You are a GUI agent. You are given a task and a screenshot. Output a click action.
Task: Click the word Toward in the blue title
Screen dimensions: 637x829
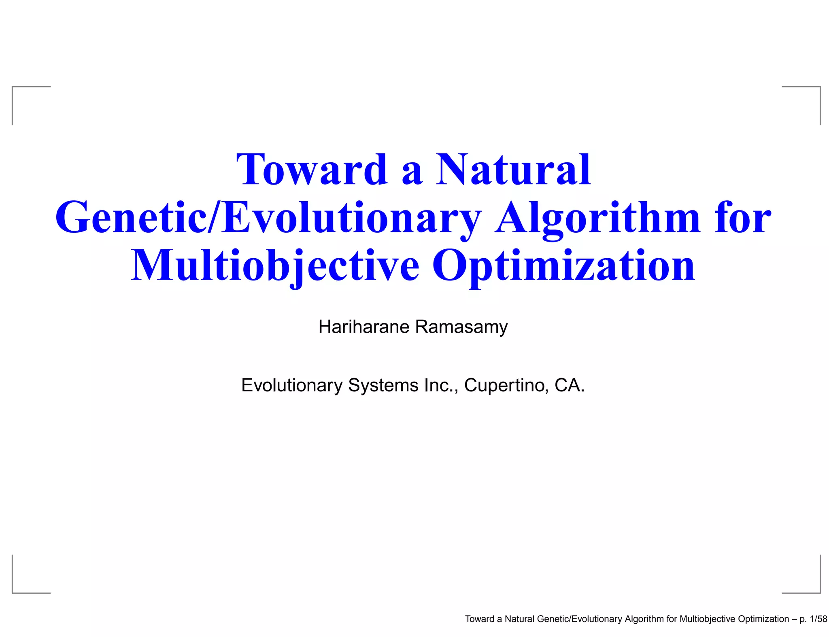coord(312,170)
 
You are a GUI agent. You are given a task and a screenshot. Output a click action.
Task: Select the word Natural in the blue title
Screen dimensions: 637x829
coord(513,170)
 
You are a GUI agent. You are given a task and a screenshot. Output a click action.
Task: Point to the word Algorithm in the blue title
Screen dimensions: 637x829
coord(597,219)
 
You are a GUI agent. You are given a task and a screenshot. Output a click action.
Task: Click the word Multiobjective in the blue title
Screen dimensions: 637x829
coord(275,266)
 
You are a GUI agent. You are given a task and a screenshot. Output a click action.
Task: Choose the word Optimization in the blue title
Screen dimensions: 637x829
coord(563,266)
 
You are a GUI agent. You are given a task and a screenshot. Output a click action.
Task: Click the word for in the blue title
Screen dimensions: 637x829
coord(743,219)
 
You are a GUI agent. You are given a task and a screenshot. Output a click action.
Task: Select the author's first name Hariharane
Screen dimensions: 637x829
coord(364,327)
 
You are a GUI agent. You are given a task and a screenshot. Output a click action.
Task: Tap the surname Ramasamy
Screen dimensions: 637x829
coord(461,327)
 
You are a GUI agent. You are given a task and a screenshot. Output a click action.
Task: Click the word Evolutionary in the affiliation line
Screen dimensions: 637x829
coord(292,385)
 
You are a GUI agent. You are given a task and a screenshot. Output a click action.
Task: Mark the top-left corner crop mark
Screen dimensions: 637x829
coord(13,87)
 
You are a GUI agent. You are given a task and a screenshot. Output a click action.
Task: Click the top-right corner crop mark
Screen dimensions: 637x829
coord(819,87)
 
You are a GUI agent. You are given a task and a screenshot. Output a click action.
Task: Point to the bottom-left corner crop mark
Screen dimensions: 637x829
coord(13,592)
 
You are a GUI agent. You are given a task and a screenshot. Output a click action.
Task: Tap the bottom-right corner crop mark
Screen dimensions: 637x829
coord(819,592)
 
